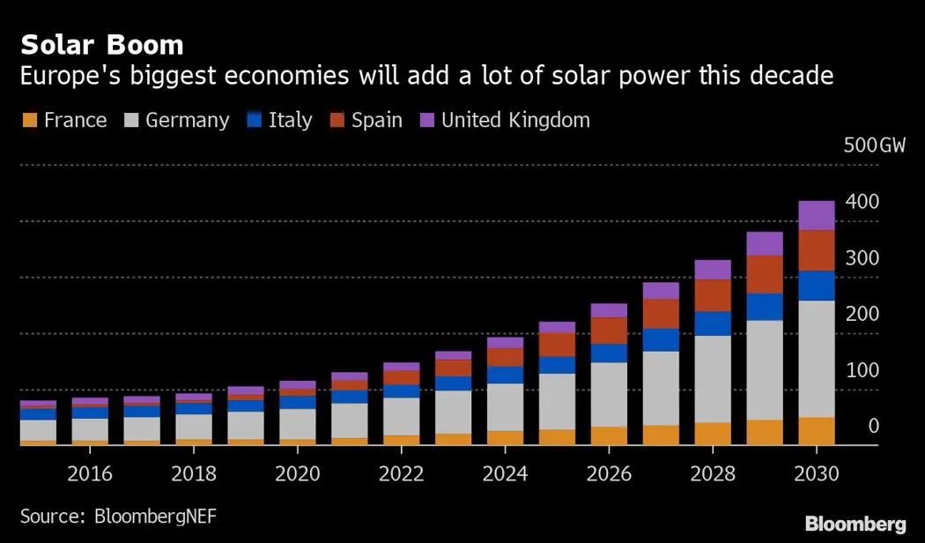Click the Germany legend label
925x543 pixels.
coord(187,120)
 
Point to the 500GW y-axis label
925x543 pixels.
coord(874,145)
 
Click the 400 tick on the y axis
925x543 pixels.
coord(862,202)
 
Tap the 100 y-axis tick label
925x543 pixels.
coord(862,370)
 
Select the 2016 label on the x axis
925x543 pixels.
coord(90,473)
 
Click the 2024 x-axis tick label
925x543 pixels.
coord(505,473)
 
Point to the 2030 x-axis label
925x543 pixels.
coord(817,473)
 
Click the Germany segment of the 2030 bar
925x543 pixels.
coord(817,358)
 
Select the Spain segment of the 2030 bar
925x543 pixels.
coord(817,250)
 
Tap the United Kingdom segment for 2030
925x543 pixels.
coord(817,215)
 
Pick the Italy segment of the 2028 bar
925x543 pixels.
coord(713,324)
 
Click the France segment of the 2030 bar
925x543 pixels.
coord(817,431)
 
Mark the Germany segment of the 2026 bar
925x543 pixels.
coord(609,394)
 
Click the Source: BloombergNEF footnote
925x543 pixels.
coord(118,516)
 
